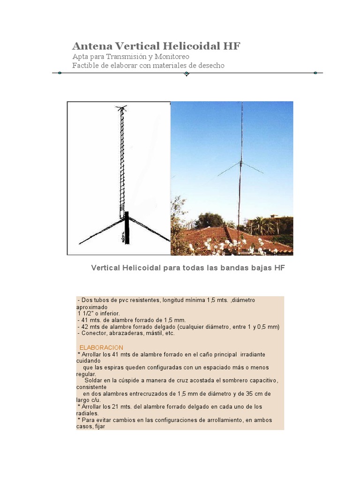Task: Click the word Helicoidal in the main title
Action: click(x=191, y=46)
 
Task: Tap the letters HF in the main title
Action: click(x=232, y=46)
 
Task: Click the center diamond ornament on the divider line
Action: click(x=187, y=74)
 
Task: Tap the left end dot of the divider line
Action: click(x=60, y=73)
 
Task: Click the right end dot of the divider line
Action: click(x=315, y=73)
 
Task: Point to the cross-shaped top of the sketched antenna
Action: click(x=122, y=109)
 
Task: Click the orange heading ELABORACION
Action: click(x=101, y=348)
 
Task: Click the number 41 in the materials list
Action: click(x=85, y=320)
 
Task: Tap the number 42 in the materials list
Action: click(x=85, y=326)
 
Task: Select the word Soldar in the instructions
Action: click(x=94, y=380)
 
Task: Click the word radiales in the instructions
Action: click(x=87, y=413)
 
